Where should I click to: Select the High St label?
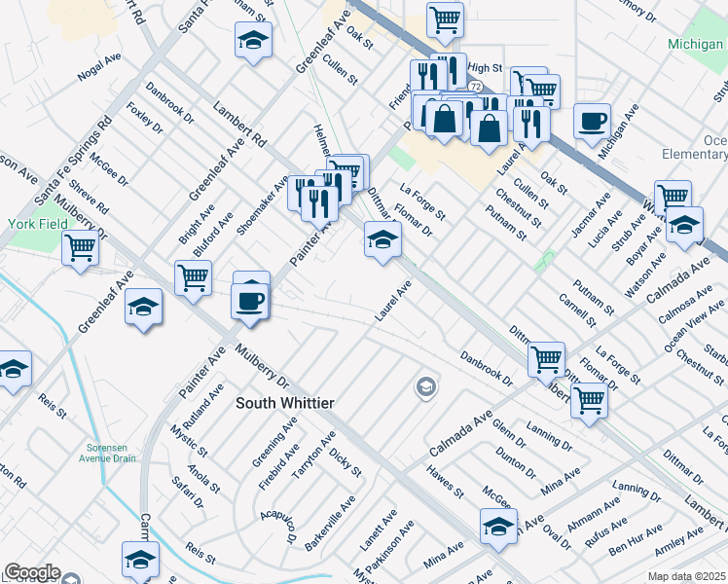tap(484, 68)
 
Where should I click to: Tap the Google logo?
tap(32, 572)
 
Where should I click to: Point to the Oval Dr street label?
tap(557, 536)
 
